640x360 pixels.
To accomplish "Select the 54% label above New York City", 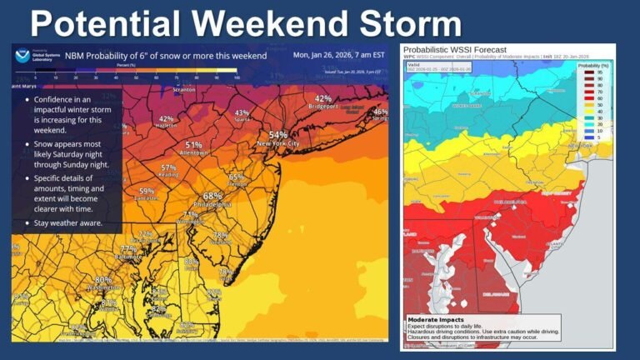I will coord(277,134).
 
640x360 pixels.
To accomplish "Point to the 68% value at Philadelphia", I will coord(212,197).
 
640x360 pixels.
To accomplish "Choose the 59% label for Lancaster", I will coord(146,191).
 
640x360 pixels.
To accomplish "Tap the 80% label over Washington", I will coord(103,280).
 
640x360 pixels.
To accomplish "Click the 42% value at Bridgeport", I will coord(323,98).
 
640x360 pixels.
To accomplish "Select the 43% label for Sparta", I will coord(242,112).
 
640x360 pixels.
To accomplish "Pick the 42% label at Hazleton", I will coord(167,118).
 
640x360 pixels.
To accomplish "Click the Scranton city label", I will coord(183,89).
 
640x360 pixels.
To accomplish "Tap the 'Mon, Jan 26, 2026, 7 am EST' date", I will coord(339,56).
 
